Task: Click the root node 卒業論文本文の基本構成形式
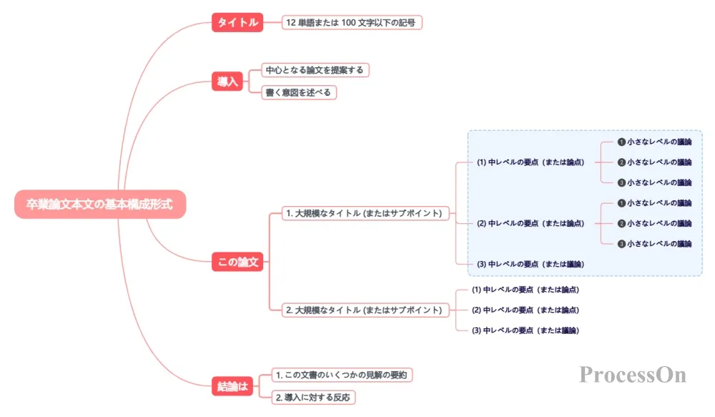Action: pyautogui.click(x=100, y=204)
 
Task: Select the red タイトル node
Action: pyautogui.click(x=237, y=22)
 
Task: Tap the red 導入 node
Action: pyautogui.click(x=227, y=82)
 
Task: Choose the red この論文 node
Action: pyautogui.click(x=237, y=262)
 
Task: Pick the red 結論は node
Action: pyautogui.click(x=232, y=386)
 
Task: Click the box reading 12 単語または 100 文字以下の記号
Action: pyautogui.click(x=352, y=22)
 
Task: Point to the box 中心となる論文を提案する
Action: pyautogui.click(x=315, y=70)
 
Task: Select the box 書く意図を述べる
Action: pyautogui.click(x=299, y=92)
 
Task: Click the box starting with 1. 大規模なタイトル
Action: pyautogui.click(x=365, y=213)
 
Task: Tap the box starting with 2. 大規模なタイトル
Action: pyautogui.click(x=365, y=310)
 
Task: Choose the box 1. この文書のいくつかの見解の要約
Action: pyautogui.click(x=342, y=375)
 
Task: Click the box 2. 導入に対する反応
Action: pyautogui.click(x=313, y=398)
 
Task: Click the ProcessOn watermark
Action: pyautogui.click(x=633, y=375)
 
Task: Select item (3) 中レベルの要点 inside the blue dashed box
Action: pyautogui.click(x=531, y=264)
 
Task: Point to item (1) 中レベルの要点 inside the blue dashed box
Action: pyautogui.click(x=531, y=162)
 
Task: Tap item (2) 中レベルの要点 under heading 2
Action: pyautogui.click(x=526, y=310)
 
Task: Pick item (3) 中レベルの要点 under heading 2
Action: pyautogui.click(x=526, y=330)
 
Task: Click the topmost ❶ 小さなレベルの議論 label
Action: pyautogui.click(x=654, y=142)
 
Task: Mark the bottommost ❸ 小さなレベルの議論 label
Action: pyautogui.click(x=654, y=244)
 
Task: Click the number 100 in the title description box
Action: pyautogui.click(x=348, y=22)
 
